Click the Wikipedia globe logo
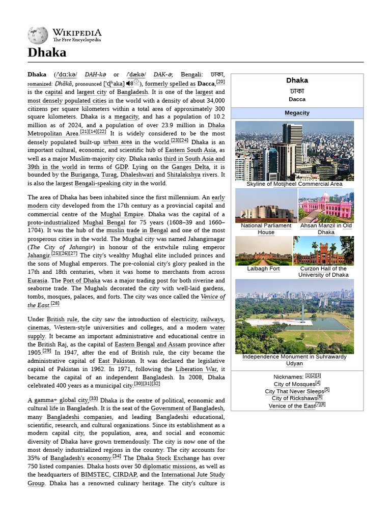click(37, 35)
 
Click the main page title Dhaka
click(47, 52)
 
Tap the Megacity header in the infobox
click(297, 113)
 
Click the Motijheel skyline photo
click(294, 151)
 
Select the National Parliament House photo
click(266, 206)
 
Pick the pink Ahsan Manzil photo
click(326, 206)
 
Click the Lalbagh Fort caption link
click(263, 269)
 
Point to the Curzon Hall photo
click(323, 251)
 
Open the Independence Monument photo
click(294, 316)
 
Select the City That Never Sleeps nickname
click(294, 391)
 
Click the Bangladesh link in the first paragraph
click(132, 92)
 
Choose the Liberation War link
click(196, 369)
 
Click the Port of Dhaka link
click(84, 280)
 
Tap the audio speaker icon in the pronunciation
click(130, 83)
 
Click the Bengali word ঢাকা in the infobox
click(297, 90)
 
